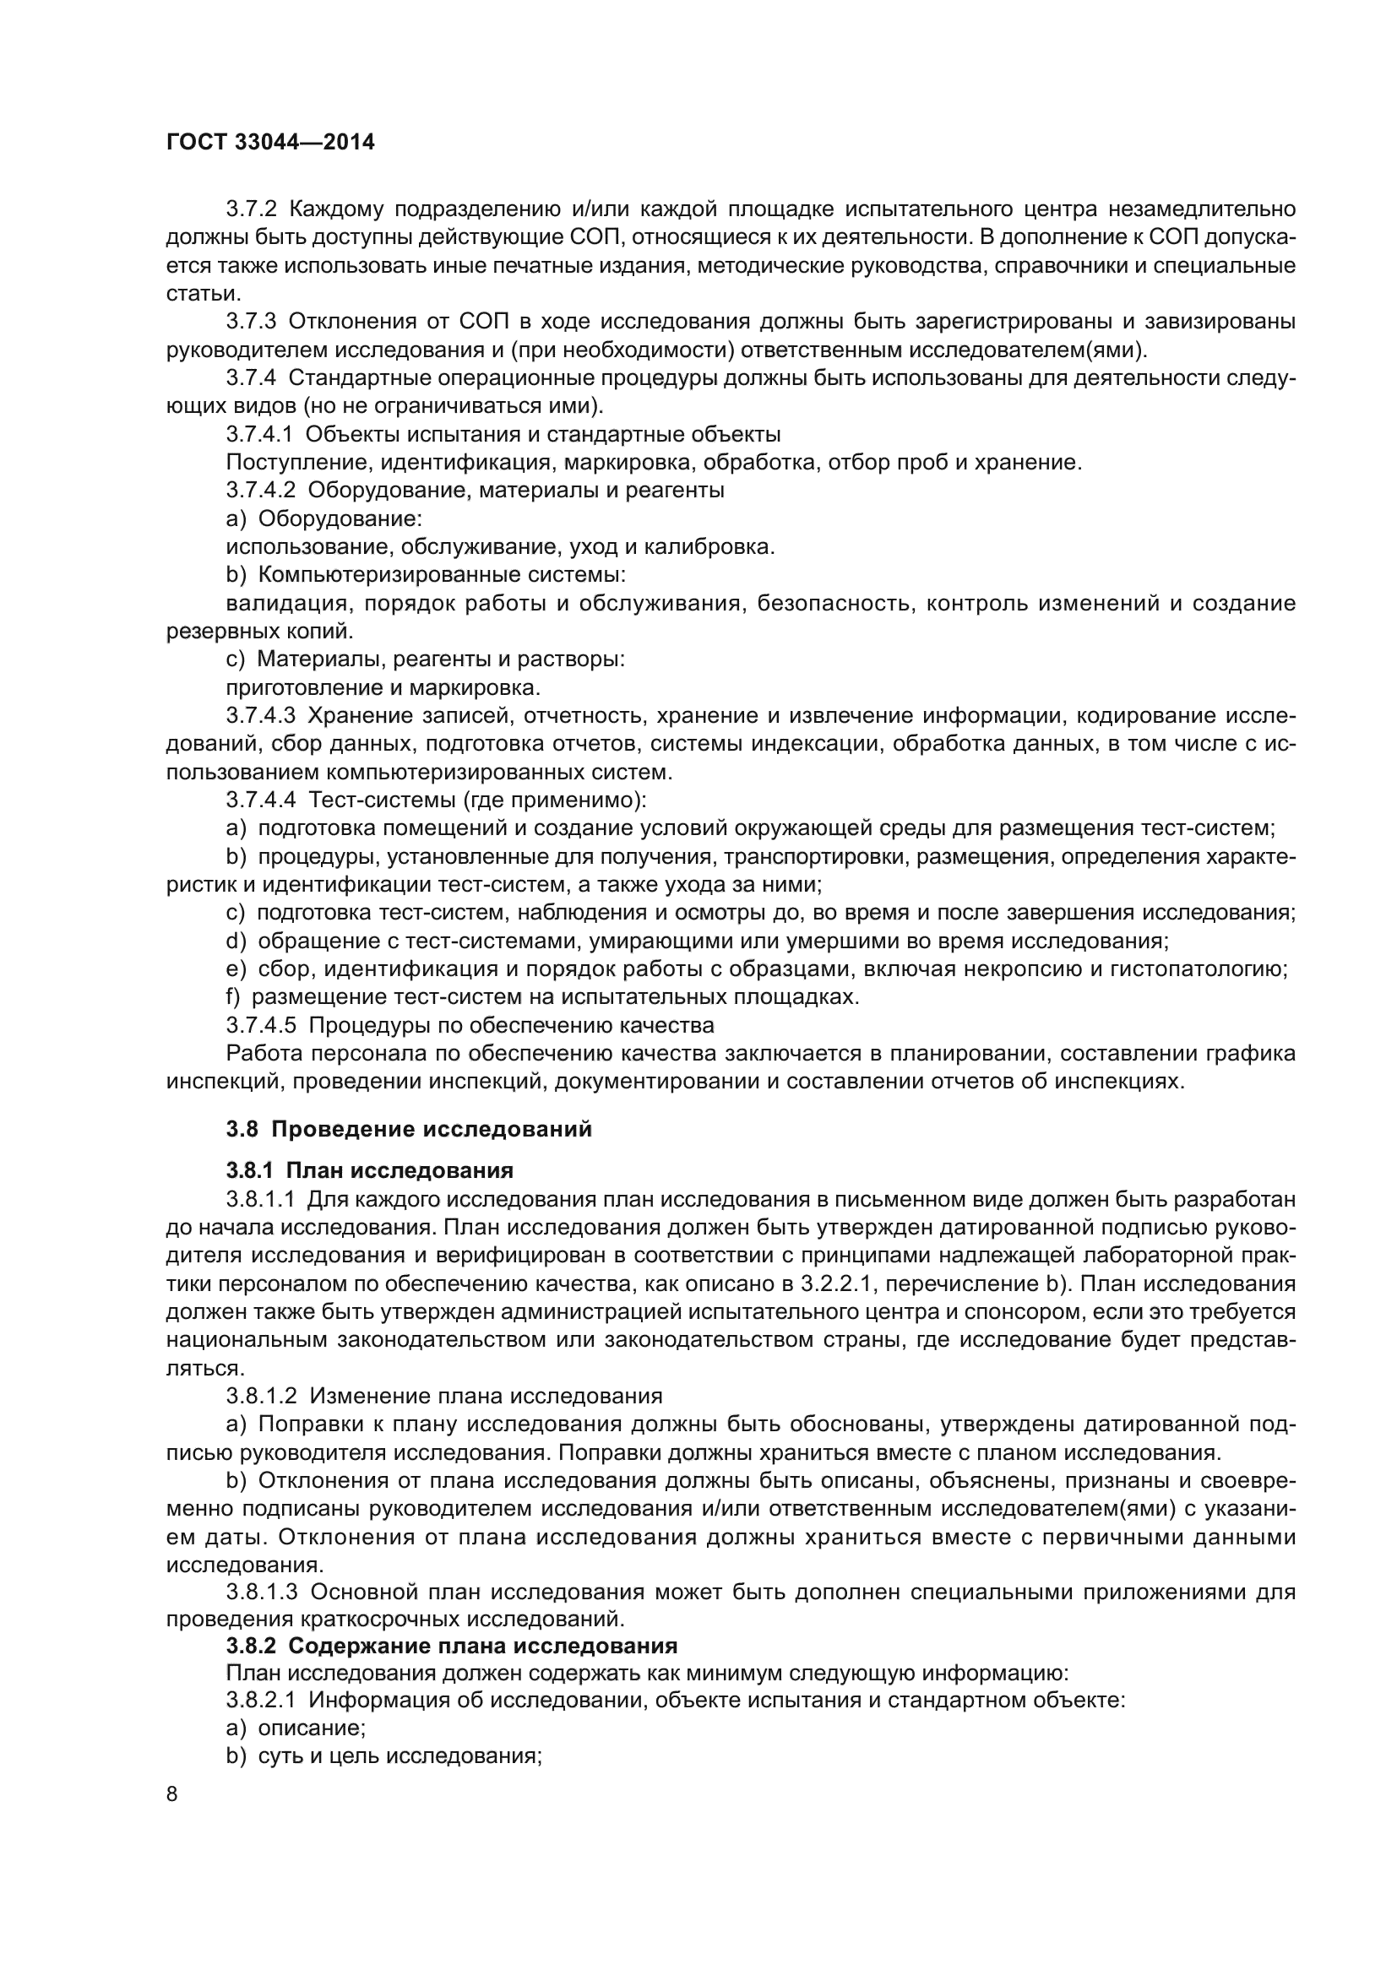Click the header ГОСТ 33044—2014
click(x=270, y=143)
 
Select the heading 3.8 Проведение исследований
click(x=409, y=1129)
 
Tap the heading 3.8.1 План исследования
click(x=369, y=1169)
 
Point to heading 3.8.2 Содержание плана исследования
click(x=452, y=1646)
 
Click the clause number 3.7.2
click(x=251, y=209)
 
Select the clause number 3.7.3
click(x=251, y=322)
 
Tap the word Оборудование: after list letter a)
click(x=340, y=518)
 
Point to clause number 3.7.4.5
click(x=261, y=1025)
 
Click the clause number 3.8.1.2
click(x=261, y=1395)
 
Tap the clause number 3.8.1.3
click(x=261, y=1592)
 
